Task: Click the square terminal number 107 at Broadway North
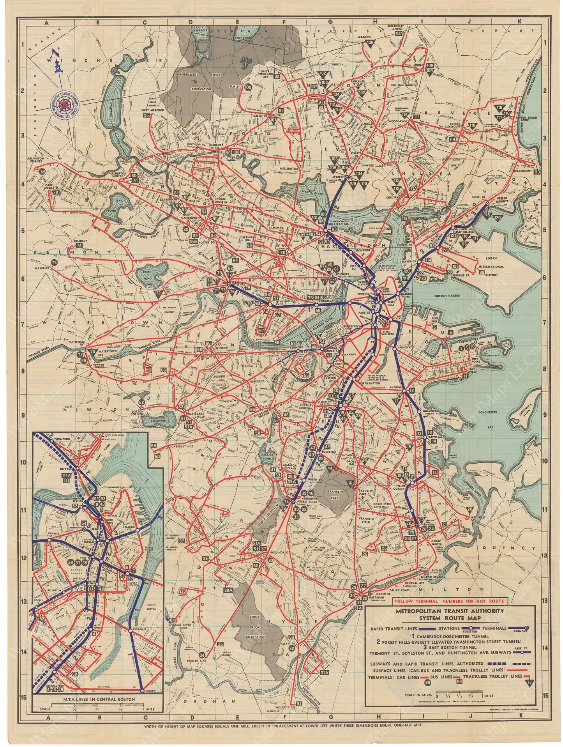399,34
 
